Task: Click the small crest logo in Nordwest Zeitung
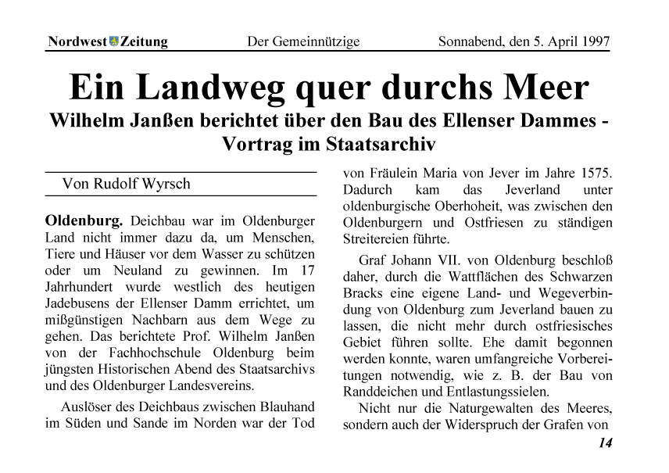click(113, 41)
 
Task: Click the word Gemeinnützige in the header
click(315, 41)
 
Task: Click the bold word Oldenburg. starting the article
click(84, 220)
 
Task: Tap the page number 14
click(605, 443)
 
